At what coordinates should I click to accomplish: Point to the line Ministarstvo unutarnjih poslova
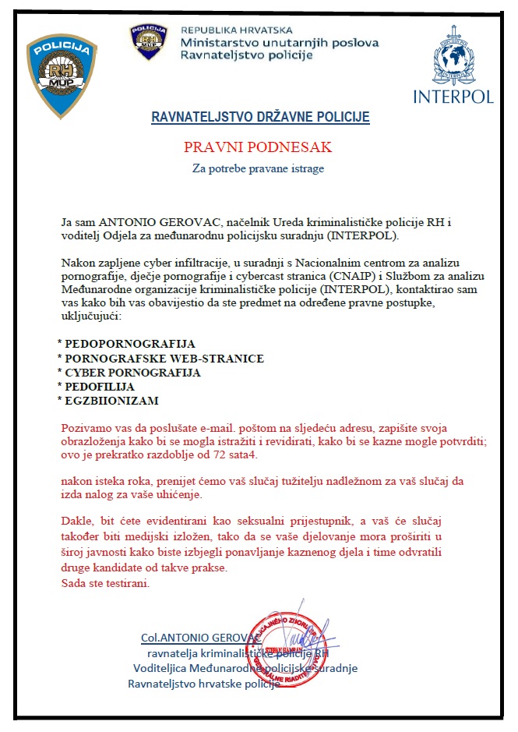[x=280, y=42]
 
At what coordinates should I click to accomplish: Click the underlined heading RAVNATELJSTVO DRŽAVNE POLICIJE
[x=260, y=118]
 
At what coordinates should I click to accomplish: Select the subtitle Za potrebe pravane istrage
[x=259, y=168]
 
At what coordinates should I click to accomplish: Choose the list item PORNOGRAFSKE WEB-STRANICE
[x=164, y=358]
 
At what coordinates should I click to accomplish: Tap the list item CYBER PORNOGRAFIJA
[x=132, y=373]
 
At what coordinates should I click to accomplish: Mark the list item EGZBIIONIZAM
[x=111, y=401]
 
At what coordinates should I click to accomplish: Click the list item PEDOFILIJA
[x=100, y=387]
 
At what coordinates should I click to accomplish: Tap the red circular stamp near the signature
[x=286, y=647]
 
